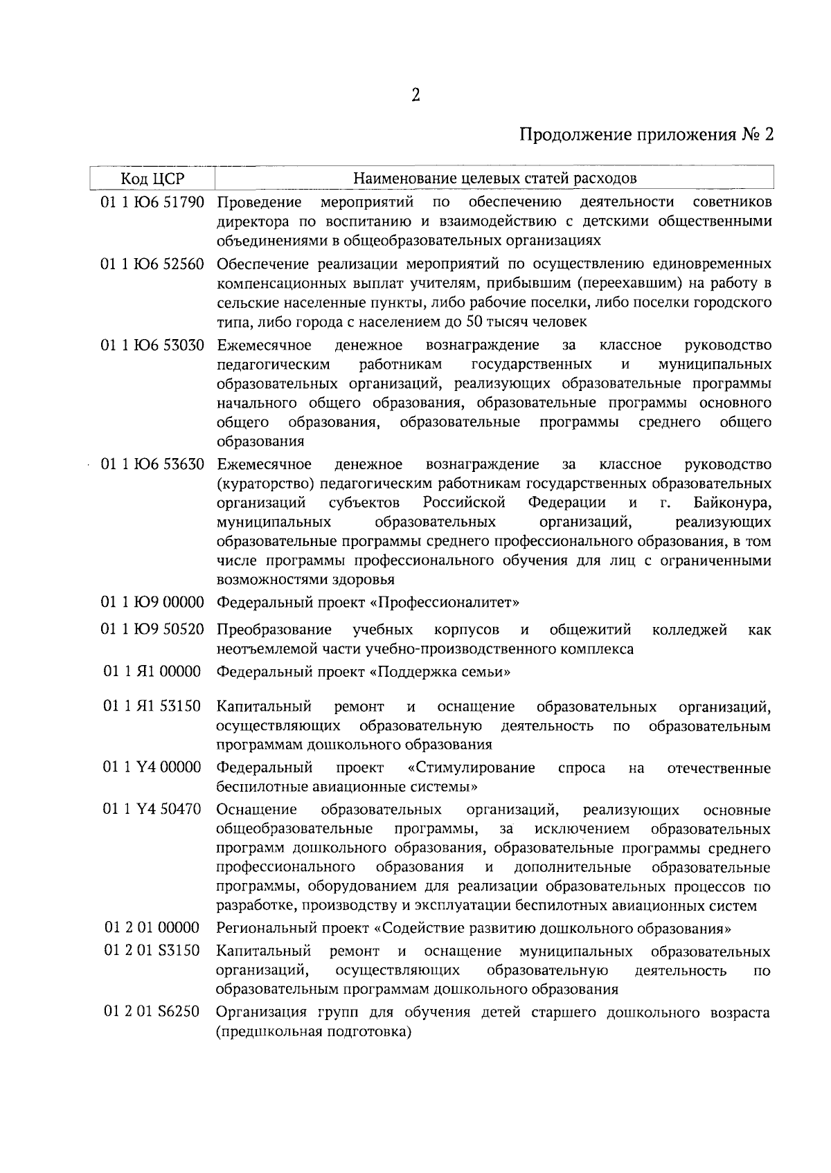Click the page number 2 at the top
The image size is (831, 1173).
pos(415,96)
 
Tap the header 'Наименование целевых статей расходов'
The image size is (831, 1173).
pos(494,179)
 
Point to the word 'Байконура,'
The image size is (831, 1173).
pos(731,502)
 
